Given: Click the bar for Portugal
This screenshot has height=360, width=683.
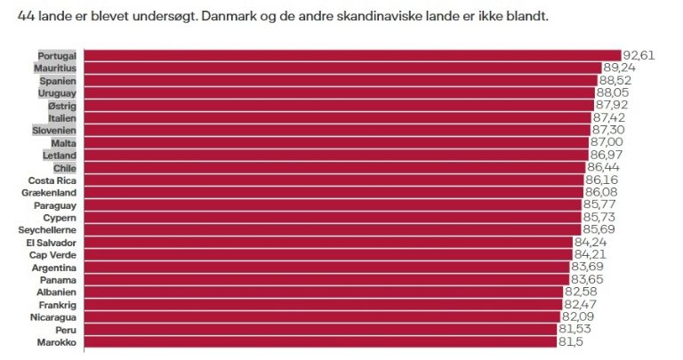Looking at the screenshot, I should point(352,55).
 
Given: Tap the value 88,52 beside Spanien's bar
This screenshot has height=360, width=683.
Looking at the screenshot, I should point(615,80).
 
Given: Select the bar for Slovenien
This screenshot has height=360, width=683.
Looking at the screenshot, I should point(337,130).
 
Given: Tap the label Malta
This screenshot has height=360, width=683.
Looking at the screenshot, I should point(63,143).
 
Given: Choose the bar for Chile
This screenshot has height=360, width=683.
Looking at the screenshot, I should point(334,167).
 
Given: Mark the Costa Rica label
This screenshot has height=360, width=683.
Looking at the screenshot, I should point(52,180).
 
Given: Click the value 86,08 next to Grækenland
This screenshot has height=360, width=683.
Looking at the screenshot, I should point(601,192).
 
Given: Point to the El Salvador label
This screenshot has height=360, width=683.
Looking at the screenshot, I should point(51,243).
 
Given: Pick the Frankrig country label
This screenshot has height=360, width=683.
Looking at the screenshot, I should point(56,305).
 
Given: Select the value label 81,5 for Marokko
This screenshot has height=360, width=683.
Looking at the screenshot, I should point(569,341).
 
